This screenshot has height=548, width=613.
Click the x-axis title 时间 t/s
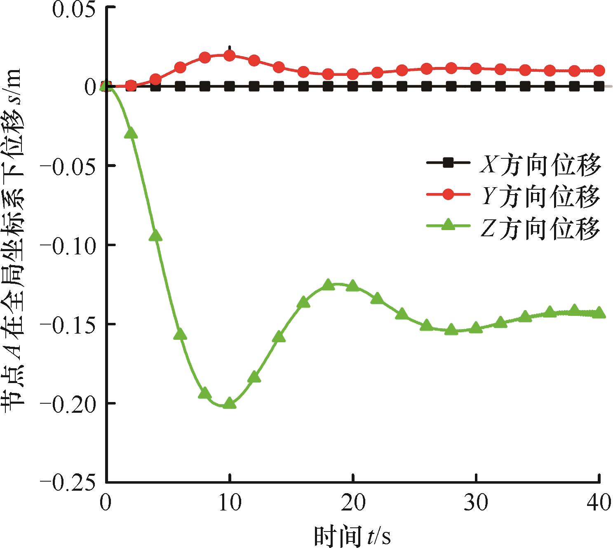352,535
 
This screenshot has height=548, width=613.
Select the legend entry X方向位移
540,165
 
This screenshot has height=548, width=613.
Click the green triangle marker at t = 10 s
229,404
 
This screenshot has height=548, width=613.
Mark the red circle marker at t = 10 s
229,56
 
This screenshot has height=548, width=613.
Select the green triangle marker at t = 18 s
328,285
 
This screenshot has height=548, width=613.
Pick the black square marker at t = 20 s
352,87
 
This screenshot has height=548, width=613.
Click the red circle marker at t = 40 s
599,71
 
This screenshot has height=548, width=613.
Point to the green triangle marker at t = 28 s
451,329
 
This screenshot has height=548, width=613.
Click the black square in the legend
449,163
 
